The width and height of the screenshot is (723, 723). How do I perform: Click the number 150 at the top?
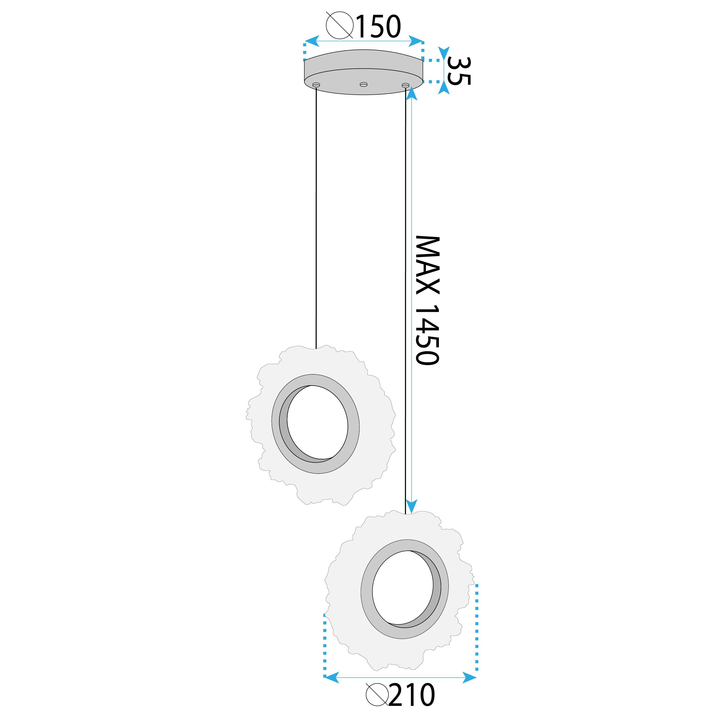pyautogui.click(x=378, y=27)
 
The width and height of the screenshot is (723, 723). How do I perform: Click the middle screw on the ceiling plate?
pyautogui.click(x=363, y=84)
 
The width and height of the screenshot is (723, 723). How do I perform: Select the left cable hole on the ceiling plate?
pyautogui.click(x=316, y=85)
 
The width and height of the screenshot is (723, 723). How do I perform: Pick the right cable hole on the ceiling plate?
pyautogui.click(x=405, y=86)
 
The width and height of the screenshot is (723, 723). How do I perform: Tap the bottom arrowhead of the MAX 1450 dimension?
pyautogui.click(x=411, y=507)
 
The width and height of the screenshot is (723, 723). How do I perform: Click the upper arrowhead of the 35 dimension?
pyautogui.click(x=444, y=52)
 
